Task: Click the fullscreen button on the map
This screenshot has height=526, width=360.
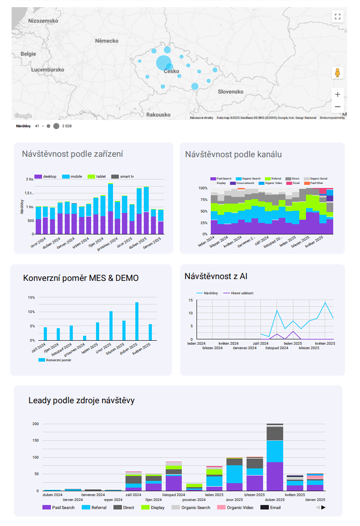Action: click(x=338, y=17)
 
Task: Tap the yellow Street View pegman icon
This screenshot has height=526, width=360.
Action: click(x=338, y=73)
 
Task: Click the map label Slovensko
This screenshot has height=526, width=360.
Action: click(x=230, y=92)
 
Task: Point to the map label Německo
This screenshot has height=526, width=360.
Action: click(x=107, y=41)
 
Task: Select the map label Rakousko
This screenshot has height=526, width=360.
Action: click(x=158, y=115)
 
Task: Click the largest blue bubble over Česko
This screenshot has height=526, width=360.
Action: click(x=163, y=63)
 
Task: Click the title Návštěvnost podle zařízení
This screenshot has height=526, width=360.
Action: click(x=72, y=154)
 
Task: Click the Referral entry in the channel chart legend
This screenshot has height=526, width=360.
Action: click(x=273, y=179)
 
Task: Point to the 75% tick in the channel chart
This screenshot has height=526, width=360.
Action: click(x=203, y=200)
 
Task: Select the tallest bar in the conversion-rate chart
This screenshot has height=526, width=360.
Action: click(x=137, y=321)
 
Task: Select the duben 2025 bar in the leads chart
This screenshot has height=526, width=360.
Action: click(x=275, y=457)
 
